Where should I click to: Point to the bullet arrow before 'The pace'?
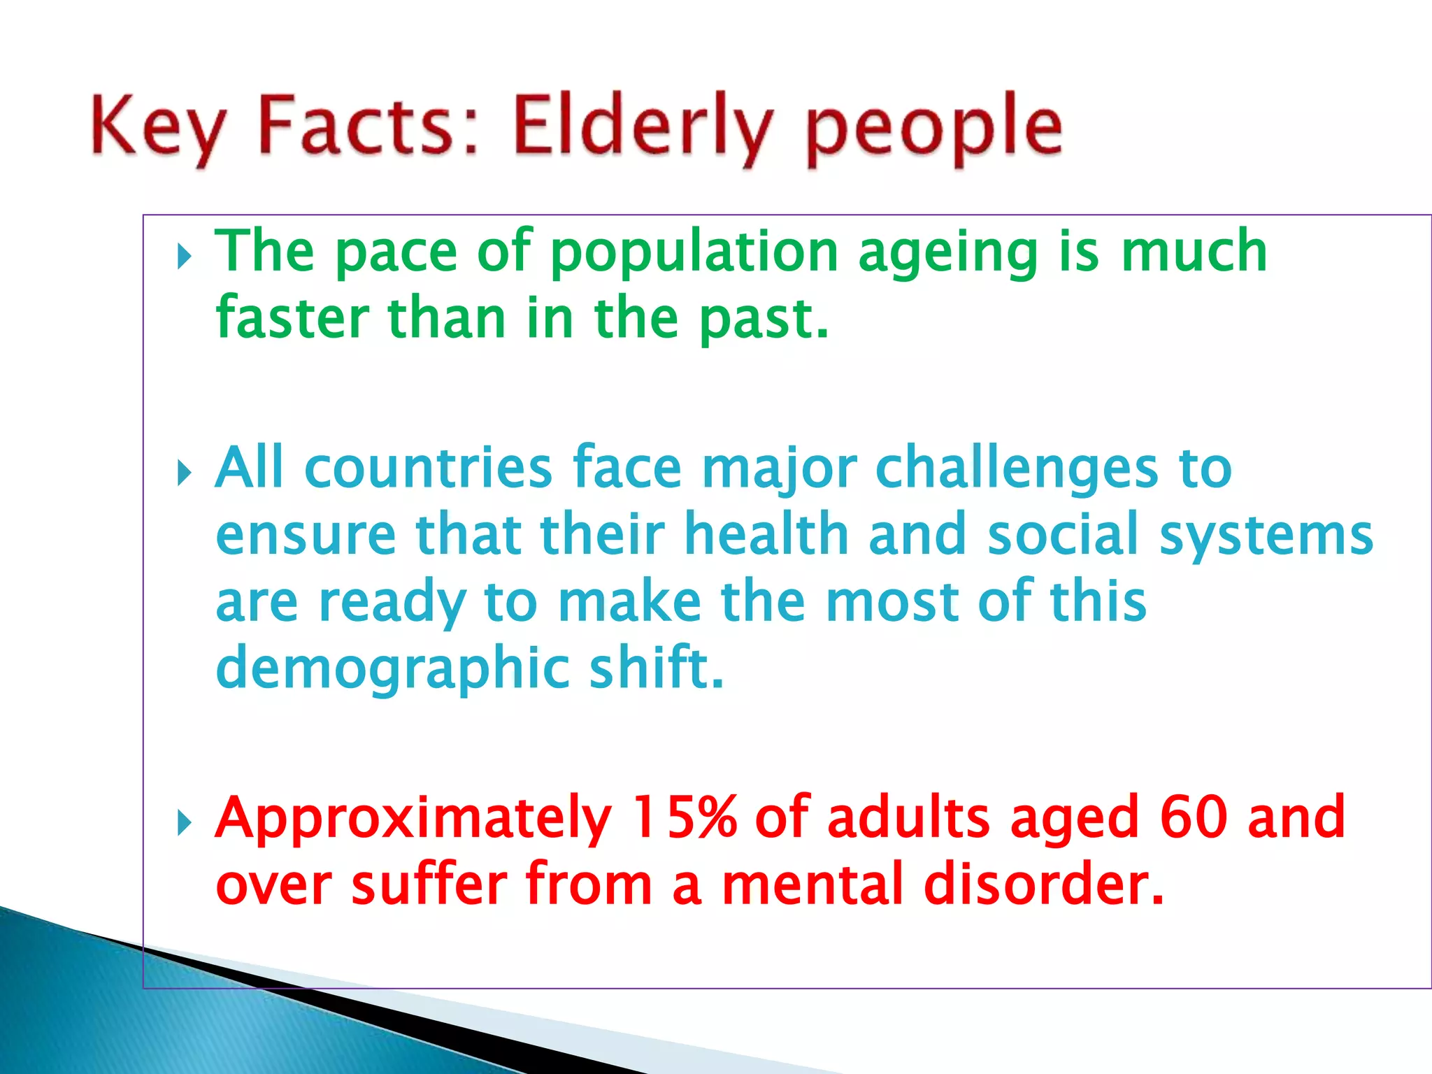point(184,257)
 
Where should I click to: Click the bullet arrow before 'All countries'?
point(184,474)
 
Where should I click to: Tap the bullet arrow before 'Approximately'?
point(184,823)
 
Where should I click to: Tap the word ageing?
point(948,253)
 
